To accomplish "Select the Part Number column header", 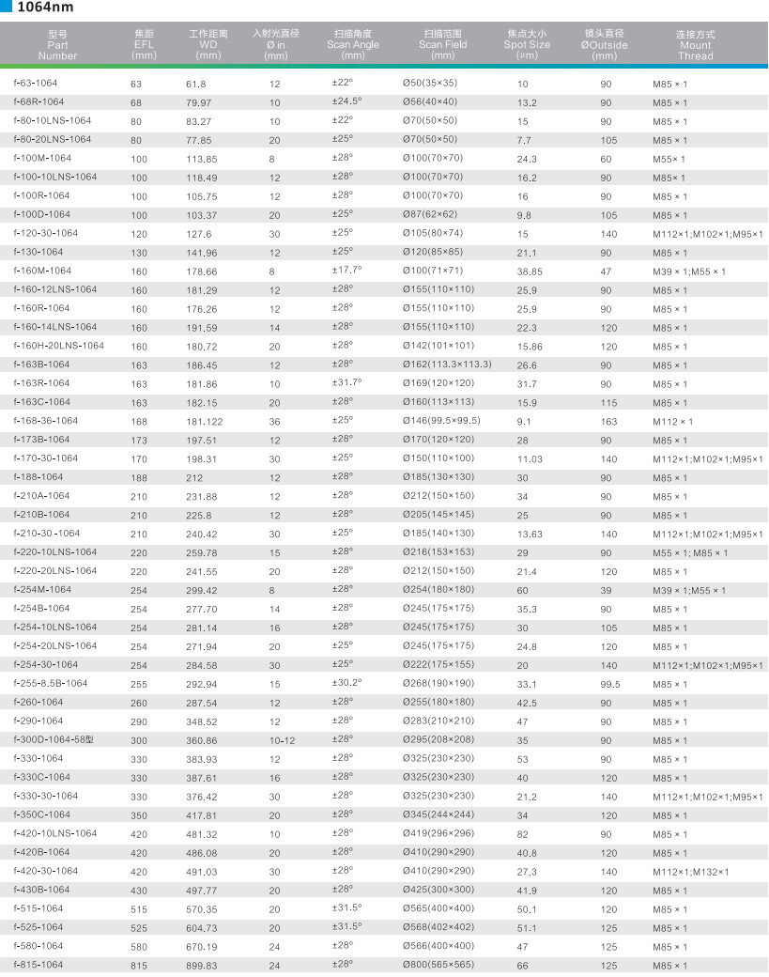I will pyautogui.click(x=57, y=44).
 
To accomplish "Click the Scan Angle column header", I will pyautogui.click(x=353, y=44).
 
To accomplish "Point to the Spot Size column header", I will pyautogui.click(x=527, y=44).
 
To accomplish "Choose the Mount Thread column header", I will pyautogui.click(x=695, y=44).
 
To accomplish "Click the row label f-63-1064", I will pyautogui.click(x=35, y=84).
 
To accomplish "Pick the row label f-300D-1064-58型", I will pyautogui.click(x=53, y=740).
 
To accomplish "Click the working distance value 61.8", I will pyautogui.click(x=195, y=85).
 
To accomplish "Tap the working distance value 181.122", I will pyautogui.click(x=205, y=422).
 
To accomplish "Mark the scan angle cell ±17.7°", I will pyautogui.click(x=346, y=271).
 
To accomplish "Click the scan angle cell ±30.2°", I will pyautogui.click(x=346, y=683).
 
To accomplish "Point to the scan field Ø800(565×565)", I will pyautogui.click(x=438, y=965).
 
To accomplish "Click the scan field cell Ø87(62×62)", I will pyautogui.click(x=430, y=214).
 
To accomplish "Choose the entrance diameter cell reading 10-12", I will pyautogui.click(x=282, y=741).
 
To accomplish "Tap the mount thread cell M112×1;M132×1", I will pyautogui.click(x=690, y=873).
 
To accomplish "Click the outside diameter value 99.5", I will pyautogui.click(x=610, y=685).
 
